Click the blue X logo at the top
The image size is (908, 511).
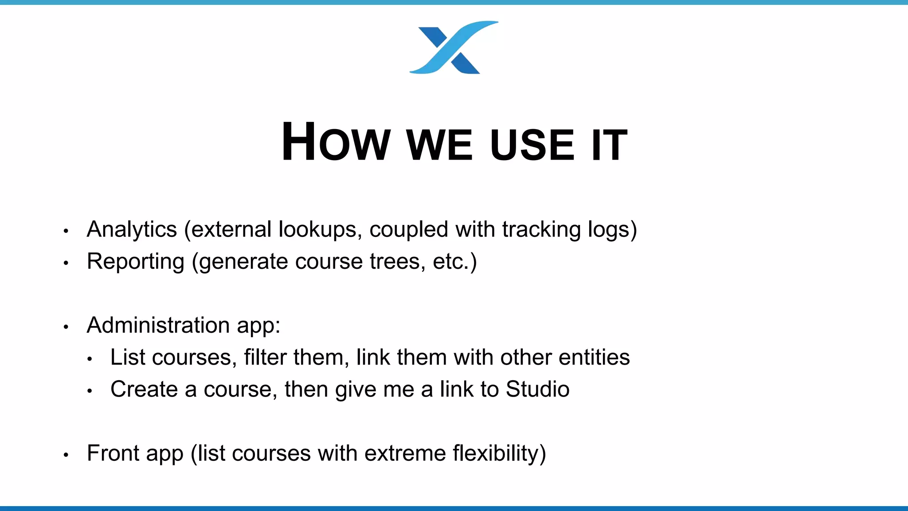pyautogui.click(x=453, y=47)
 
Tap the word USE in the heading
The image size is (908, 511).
pyautogui.click(x=532, y=145)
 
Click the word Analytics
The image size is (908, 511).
pyautogui.click(x=132, y=230)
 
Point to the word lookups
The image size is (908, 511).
pyautogui.click(x=317, y=230)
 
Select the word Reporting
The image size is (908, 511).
pyautogui.click(x=135, y=262)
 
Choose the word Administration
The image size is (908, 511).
pyautogui.click(x=158, y=325)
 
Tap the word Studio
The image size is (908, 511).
pyautogui.click(x=537, y=389)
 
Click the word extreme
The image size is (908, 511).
pyautogui.click(x=405, y=453)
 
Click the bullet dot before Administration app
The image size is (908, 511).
pyautogui.click(x=66, y=327)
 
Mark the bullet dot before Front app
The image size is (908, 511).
pyautogui.click(x=66, y=455)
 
